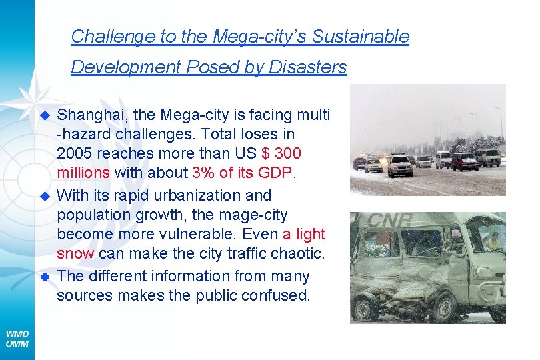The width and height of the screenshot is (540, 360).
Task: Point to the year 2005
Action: pos(75,153)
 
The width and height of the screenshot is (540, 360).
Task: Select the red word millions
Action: pos(83,173)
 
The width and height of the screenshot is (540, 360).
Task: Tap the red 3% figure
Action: pos(203,173)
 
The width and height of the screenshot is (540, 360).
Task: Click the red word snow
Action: pos(77,254)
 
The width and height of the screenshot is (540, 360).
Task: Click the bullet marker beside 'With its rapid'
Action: pos(46,196)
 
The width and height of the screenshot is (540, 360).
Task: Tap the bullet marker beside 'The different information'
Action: pos(46,277)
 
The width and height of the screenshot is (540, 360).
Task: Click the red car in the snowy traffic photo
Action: pos(464,161)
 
